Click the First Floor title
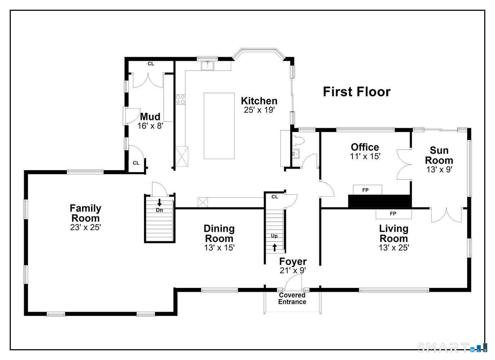pos(357,92)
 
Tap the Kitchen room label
pos(259,101)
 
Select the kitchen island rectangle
pos(219,126)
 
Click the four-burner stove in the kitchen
pos(180,99)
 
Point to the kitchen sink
pos(207,66)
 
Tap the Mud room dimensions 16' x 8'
pos(150,126)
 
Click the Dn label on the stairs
pos(159,210)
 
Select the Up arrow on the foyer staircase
pos(274,248)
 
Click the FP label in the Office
pos(365,190)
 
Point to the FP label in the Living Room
pos(393,213)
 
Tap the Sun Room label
pos(439,156)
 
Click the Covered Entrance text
pos(292,298)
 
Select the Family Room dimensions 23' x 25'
pos(86,228)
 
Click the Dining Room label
pos(219,234)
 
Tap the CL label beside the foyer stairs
pos(275,197)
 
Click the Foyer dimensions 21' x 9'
pos(293,270)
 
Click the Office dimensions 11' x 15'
pos(365,157)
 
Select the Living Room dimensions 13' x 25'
pos(394,248)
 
